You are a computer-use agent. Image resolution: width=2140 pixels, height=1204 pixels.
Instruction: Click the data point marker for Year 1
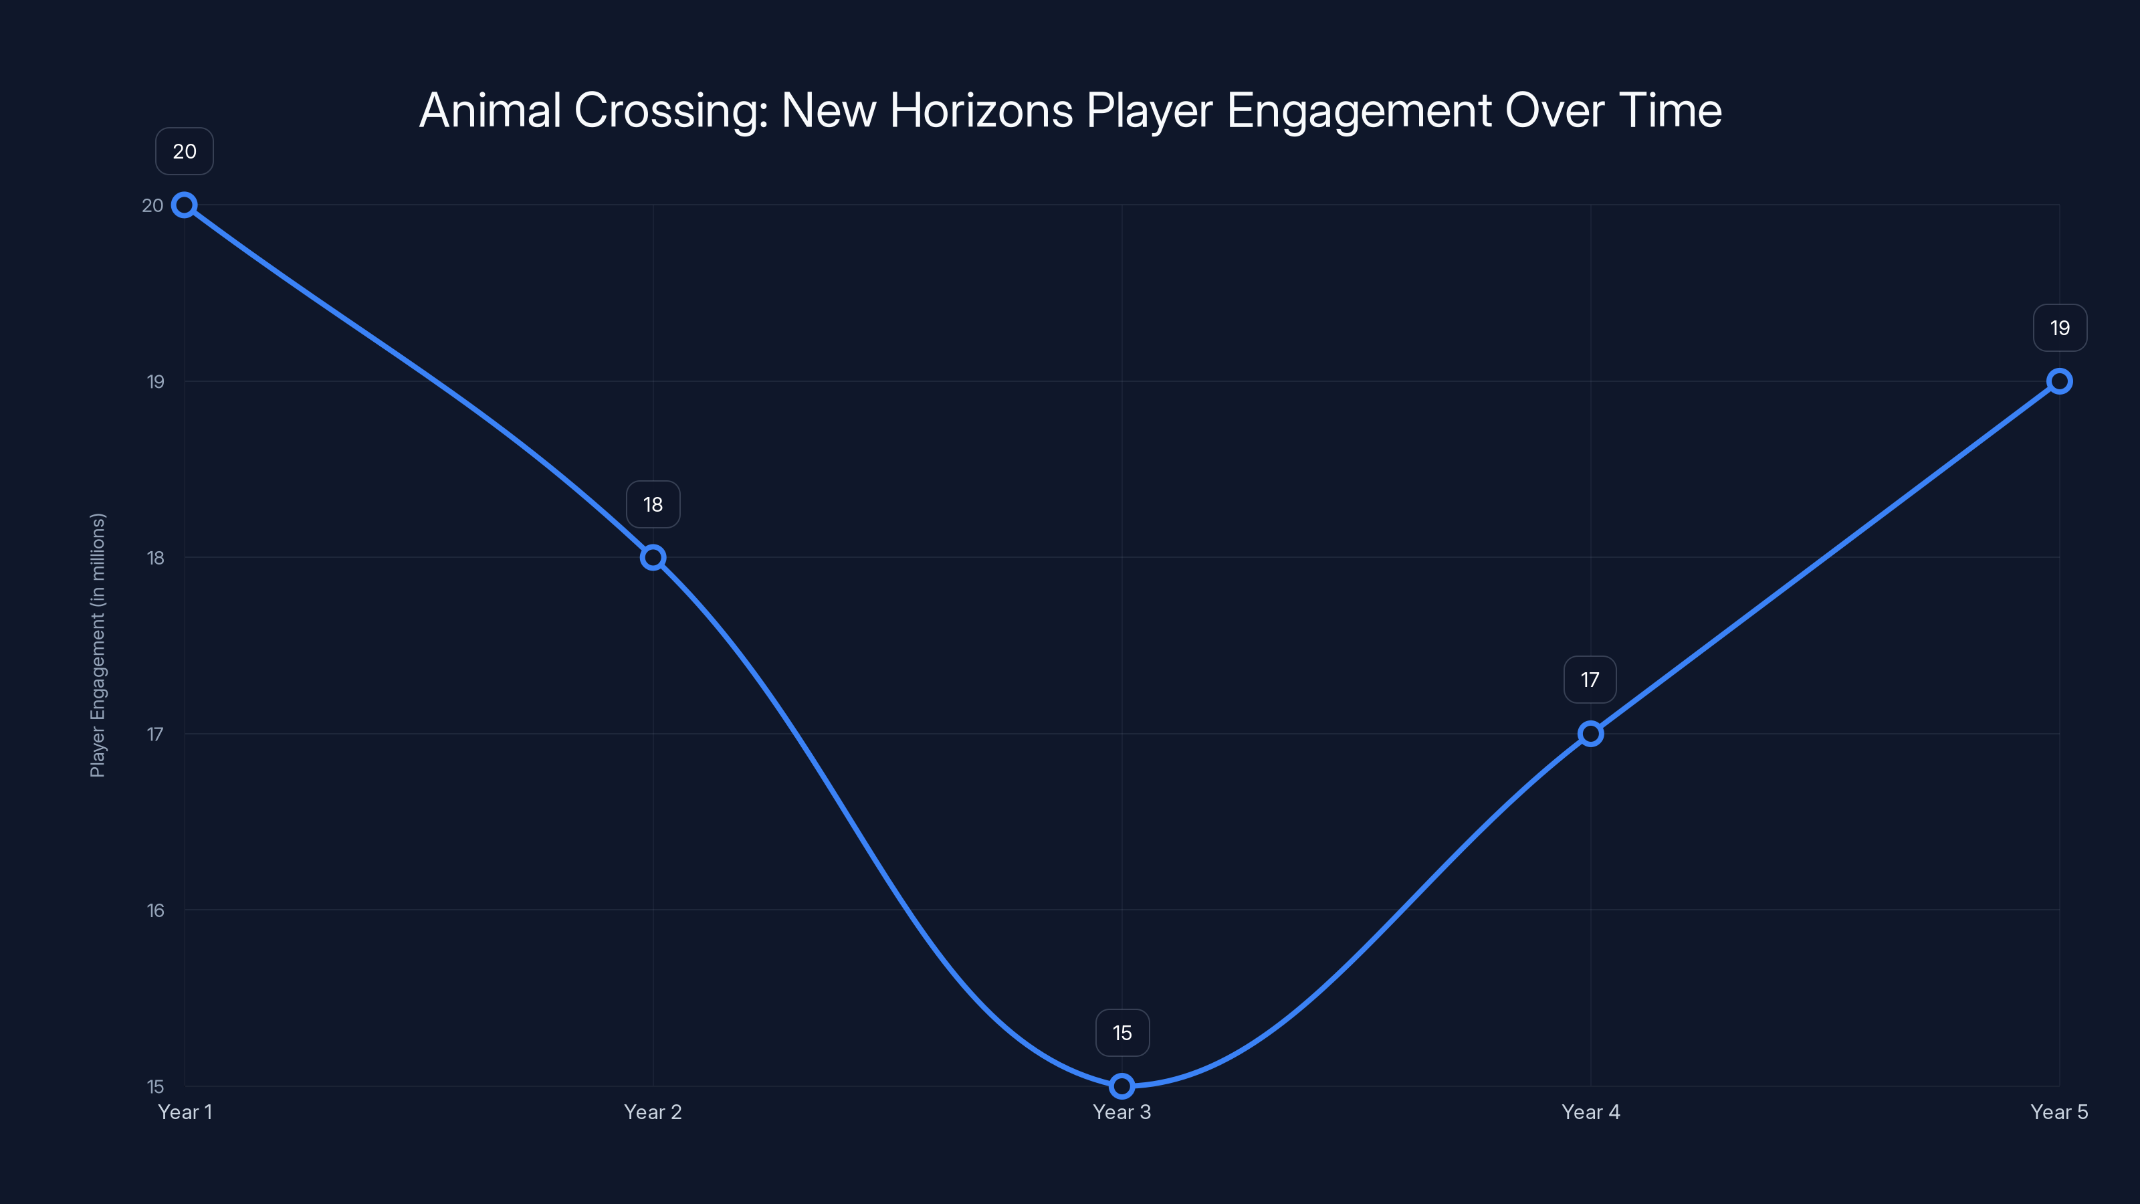pos(185,205)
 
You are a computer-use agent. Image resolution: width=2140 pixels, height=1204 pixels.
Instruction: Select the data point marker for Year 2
pos(653,558)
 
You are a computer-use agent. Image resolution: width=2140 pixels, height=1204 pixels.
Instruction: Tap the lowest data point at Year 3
pos(1121,1086)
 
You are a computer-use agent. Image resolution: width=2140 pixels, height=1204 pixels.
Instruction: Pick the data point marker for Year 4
pos(1591,734)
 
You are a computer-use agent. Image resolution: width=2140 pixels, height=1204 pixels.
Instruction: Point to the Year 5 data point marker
pos(2060,381)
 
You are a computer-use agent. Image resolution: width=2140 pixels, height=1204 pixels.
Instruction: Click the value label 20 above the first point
pos(185,151)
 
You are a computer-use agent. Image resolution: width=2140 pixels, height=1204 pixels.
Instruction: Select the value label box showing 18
pos(653,504)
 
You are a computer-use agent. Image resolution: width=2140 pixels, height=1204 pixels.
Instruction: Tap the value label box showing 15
pos(1122,1033)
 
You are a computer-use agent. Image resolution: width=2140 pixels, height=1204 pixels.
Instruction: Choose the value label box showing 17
pos(1590,680)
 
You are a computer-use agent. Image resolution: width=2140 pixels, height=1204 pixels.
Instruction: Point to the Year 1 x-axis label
pos(185,1112)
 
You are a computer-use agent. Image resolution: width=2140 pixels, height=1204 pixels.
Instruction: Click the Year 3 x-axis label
pos(1121,1112)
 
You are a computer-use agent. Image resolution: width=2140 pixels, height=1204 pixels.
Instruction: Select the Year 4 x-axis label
pos(1591,1112)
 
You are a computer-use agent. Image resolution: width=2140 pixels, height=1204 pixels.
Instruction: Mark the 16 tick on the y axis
pos(155,910)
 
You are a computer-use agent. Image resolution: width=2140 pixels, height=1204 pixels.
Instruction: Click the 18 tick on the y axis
pos(155,559)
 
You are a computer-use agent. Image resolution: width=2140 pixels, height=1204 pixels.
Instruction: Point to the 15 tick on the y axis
pos(155,1087)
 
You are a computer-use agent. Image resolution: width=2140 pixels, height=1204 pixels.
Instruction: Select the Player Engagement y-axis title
pos(98,645)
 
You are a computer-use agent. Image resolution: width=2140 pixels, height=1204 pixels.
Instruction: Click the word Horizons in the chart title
pos(981,110)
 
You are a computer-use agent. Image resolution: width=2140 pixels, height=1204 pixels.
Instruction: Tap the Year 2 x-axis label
pos(653,1112)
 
